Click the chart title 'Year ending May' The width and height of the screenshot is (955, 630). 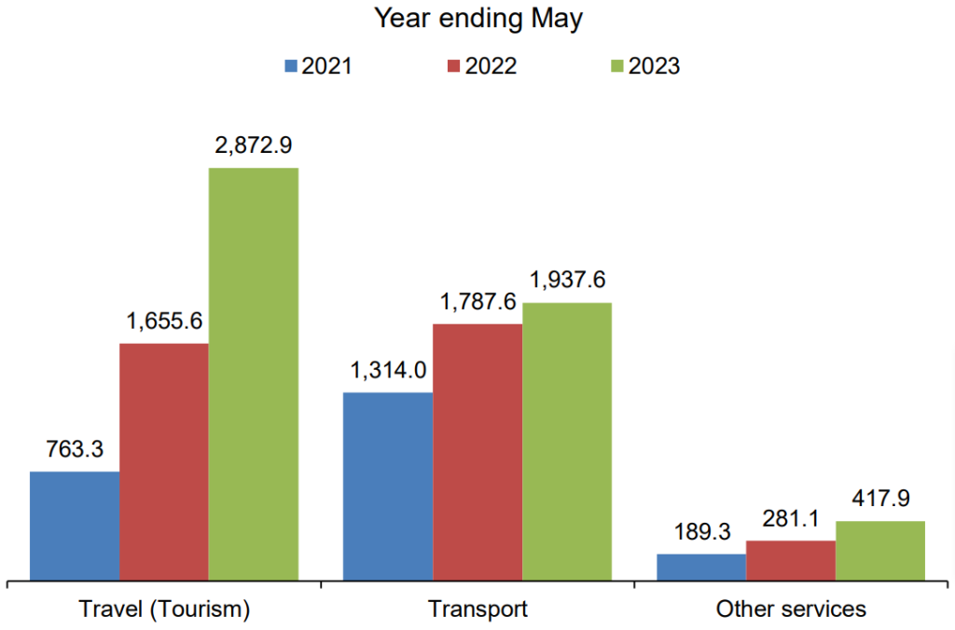click(477, 18)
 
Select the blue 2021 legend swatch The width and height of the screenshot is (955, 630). click(291, 66)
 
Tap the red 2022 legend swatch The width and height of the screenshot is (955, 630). click(454, 66)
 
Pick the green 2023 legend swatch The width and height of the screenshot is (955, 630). click(616, 66)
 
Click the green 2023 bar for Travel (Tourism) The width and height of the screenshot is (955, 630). click(254, 374)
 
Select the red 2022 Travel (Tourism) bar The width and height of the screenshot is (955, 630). click(164, 461)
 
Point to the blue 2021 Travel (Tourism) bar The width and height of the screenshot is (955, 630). click(75, 526)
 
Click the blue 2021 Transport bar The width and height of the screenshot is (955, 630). click(388, 486)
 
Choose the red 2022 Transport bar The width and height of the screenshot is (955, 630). click(477, 451)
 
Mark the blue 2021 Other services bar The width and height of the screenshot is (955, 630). click(701, 567)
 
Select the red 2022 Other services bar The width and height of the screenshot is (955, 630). click(791, 560)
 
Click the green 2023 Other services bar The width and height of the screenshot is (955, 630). click(880, 550)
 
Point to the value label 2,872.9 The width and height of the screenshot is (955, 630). click(254, 145)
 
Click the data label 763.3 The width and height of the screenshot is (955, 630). click(75, 449)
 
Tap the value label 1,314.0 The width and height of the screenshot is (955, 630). click(388, 370)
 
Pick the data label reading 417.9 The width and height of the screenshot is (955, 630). click(880, 499)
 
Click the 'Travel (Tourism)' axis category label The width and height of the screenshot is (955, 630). click(165, 609)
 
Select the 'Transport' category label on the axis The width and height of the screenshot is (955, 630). click(477, 609)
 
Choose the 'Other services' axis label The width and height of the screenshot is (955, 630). click(791, 609)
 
